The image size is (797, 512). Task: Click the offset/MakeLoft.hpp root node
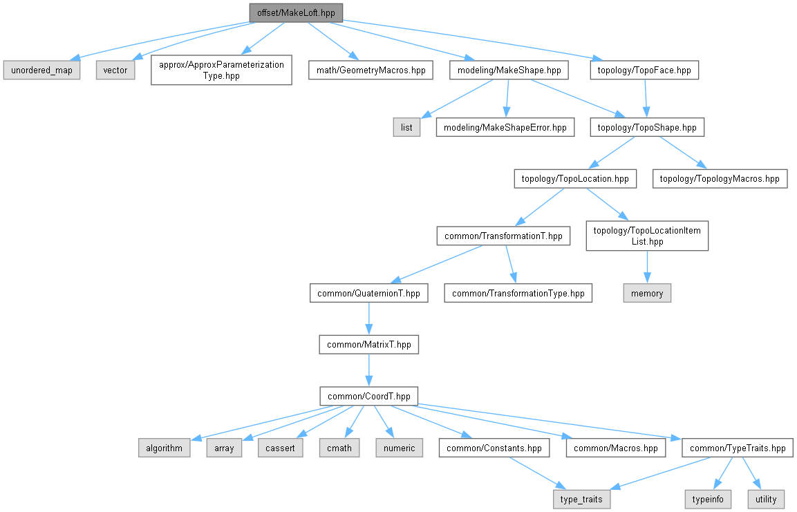point(296,12)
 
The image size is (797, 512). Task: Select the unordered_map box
point(41,70)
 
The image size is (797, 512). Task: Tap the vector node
point(115,70)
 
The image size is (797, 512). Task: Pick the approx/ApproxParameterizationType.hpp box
point(221,70)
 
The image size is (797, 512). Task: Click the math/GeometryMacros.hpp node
point(371,70)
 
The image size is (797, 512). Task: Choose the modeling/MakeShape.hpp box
point(509,70)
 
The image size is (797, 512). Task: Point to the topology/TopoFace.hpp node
point(644,70)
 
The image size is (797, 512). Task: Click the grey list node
point(406,127)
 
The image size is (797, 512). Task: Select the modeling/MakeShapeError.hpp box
point(505,127)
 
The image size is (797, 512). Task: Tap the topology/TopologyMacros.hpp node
point(720,179)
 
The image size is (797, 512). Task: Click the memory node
point(647,293)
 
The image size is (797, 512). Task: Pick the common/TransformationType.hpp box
point(518,293)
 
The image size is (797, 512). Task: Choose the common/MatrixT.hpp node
point(369,344)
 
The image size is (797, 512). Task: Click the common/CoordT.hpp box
point(369,396)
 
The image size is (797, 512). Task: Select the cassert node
point(280,448)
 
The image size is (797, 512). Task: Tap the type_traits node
point(581,500)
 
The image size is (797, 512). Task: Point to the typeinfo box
point(708,500)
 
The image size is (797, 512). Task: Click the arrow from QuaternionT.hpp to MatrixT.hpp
point(369,319)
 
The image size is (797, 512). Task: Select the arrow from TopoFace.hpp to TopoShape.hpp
point(646,99)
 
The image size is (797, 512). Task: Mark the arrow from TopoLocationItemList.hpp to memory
point(647,267)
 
